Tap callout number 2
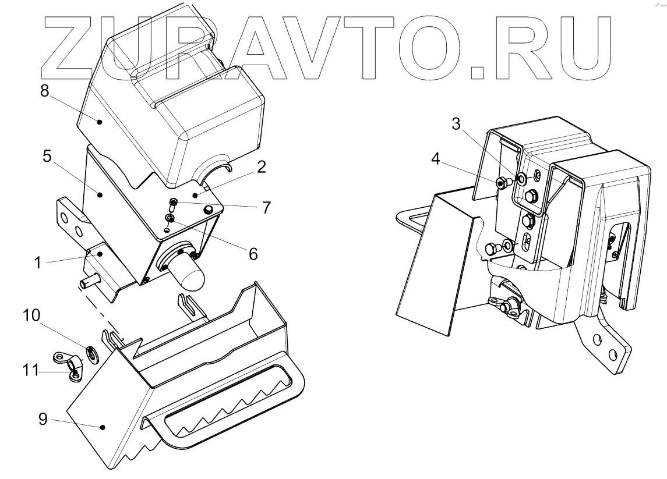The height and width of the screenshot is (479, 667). pyautogui.click(x=261, y=168)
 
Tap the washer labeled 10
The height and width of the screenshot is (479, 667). pyautogui.click(x=91, y=353)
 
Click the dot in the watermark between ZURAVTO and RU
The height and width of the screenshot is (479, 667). pyautogui.click(x=478, y=72)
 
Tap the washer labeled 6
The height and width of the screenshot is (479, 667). pyautogui.click(x=170, y=219)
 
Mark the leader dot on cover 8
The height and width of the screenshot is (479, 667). pyautogui.click(x=100, y=122)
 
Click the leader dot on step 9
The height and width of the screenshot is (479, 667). pyautogui.click(x=103, y=428)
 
